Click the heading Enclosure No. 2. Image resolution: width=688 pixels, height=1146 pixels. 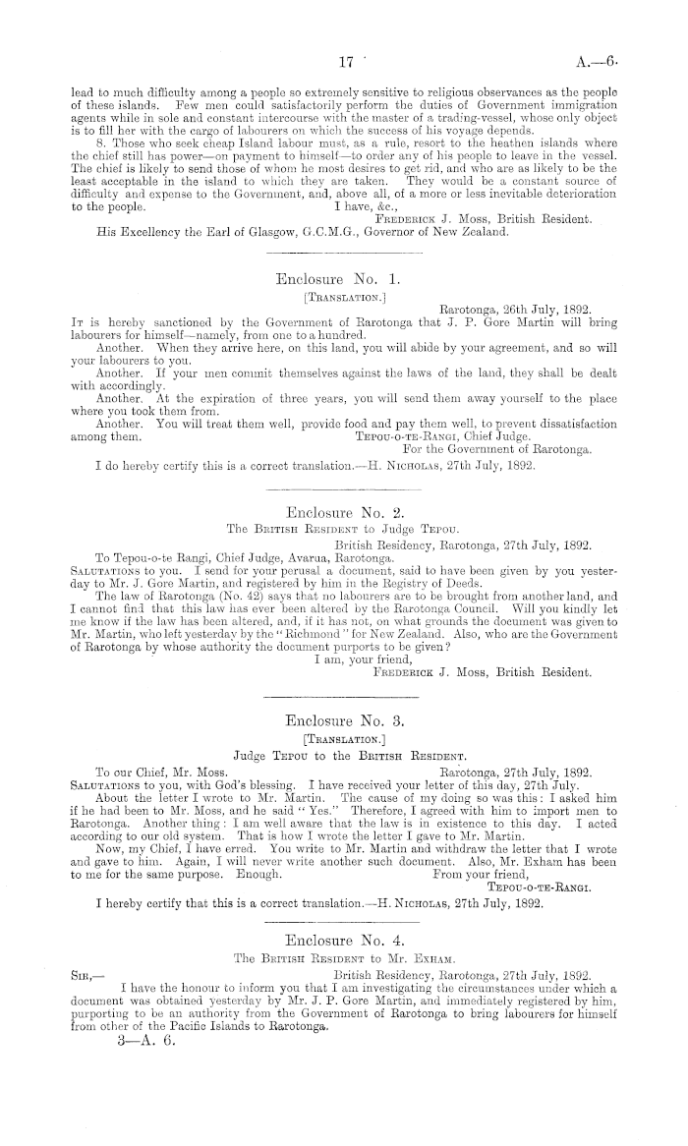tap(344, 512)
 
